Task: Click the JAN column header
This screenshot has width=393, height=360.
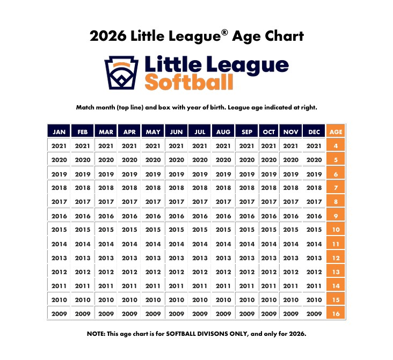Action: pyautogui.click(x=59, y=131)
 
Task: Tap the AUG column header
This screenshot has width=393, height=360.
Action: pyautogui.click(x=223, y=131)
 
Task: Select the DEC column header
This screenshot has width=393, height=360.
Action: pyautogui.click(x=314, y=131)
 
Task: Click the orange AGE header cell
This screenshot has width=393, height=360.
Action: pyautogui.click(x=336, y=131)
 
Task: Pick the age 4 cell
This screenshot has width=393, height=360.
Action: pyautogui.click(x=336, y=145)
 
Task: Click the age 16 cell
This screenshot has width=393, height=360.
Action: pyautogui.click(x=336, y=314)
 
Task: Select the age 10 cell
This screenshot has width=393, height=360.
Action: pyautogui.click(x=336, y=230)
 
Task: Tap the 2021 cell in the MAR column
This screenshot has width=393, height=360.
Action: pyautogui.click(x=106, y=145)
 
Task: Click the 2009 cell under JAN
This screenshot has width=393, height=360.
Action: pyautogui.click(x=59, y=314)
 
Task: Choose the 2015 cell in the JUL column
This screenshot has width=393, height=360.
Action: pyautogui.click(x=200, y=230)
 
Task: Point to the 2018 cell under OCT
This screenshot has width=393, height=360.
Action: pyautogui.click(x=268, y=188)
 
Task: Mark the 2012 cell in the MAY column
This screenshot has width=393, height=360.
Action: pyautogui.click(x=153, y=272)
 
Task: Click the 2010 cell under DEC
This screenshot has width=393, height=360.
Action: pyautogui.click(x=314, y=300)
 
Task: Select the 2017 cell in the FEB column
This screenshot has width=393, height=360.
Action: pyautogui.click(x=83, y=202)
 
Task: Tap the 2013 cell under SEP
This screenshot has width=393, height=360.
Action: pyautogui.click(x=247, y=258)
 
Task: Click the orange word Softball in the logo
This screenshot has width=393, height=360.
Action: pyautogui.click(x=189, y=82)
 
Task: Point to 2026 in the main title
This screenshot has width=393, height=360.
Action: pyautogui.click(x=108, y=36)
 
